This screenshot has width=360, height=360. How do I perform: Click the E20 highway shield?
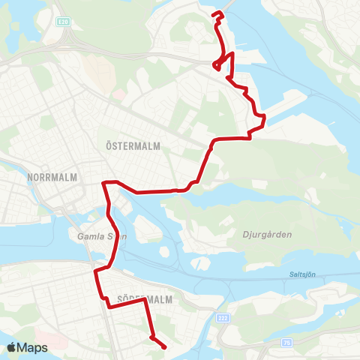tap(65, 22)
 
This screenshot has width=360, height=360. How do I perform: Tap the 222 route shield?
tap(223, 318)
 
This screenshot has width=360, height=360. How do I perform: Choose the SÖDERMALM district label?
tap(144, 298)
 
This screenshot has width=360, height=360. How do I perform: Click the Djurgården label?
tap(267, 235)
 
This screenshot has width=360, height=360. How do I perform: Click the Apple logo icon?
tap(12, 347)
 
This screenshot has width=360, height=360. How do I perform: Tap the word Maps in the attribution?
tap(33, 347)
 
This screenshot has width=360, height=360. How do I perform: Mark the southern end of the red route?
tap(164, 346)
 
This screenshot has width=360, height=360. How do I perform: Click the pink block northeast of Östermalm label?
tap(118, 95)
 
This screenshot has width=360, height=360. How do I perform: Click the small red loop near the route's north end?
tap(217, 66)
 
